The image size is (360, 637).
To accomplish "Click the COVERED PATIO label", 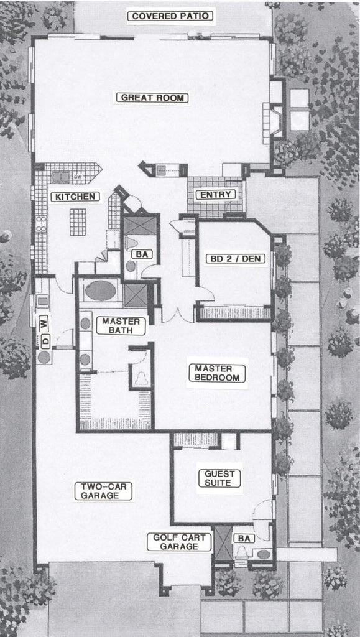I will click(170, 16).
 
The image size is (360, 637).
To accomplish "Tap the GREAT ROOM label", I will click(154, 98).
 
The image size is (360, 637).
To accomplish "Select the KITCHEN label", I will click(75, 197).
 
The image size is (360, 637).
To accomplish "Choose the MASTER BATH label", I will click(121, 326).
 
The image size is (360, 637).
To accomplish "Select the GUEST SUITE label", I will click(219, 478).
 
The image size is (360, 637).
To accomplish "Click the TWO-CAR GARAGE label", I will click(105, 491).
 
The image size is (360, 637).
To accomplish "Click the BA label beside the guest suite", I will click(241, 538).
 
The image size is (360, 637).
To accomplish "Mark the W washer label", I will click(44, 322).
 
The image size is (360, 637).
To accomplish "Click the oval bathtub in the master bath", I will click(100, 291).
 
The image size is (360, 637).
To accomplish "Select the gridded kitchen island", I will click(78, 221).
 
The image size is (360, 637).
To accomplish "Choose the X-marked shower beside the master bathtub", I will click(136, 294).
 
